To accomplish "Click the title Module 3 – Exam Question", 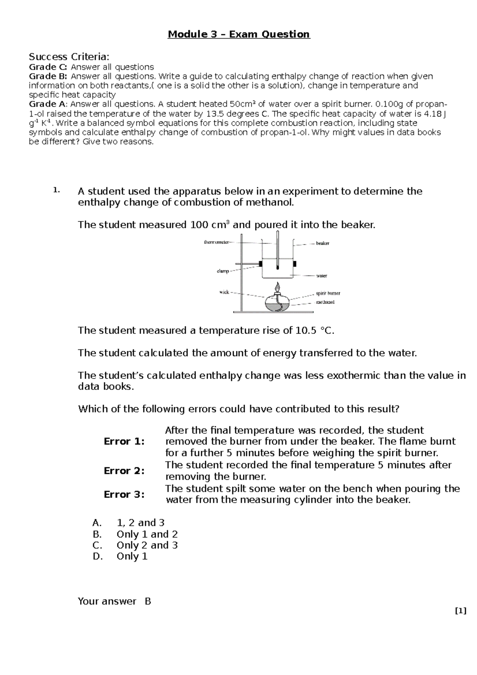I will coord(238,35).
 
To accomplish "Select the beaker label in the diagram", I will coord(322,243).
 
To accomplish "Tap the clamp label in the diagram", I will coord(223,271).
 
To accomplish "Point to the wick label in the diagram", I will coord(225,292).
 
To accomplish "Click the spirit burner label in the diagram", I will coord(328,293).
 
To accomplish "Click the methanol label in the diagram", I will coord(325,302).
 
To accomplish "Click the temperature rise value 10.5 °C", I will coord(311,330).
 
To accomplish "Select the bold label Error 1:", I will coord(124,441).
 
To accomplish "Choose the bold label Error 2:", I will coord(124,471).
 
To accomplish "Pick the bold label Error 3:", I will coord(124,494).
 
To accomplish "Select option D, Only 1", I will coord(132,556).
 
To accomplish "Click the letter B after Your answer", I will coord(148,601).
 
